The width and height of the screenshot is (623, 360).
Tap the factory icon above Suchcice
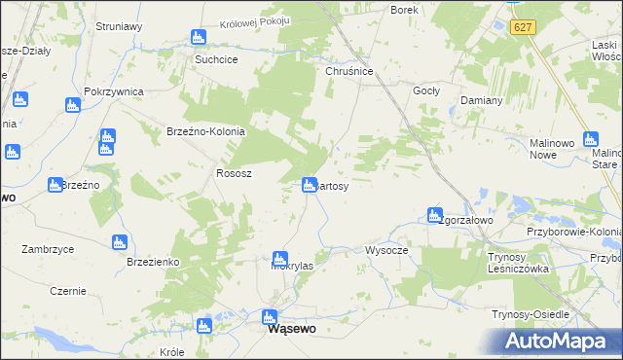click(x=199, y=38)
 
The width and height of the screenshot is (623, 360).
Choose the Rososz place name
click(x=234, y=173)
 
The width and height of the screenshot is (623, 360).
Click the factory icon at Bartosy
click(x=310, y=183)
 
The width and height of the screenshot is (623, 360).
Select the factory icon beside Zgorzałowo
click(x=434, y=215)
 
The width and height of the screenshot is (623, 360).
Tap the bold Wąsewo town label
click(x=291, y=330)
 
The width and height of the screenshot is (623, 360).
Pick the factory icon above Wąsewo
click(x=270, y=317)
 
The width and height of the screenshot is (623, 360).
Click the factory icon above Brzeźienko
click(x=120, y=242)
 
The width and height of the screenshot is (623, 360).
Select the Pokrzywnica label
click(x=114, y=91)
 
